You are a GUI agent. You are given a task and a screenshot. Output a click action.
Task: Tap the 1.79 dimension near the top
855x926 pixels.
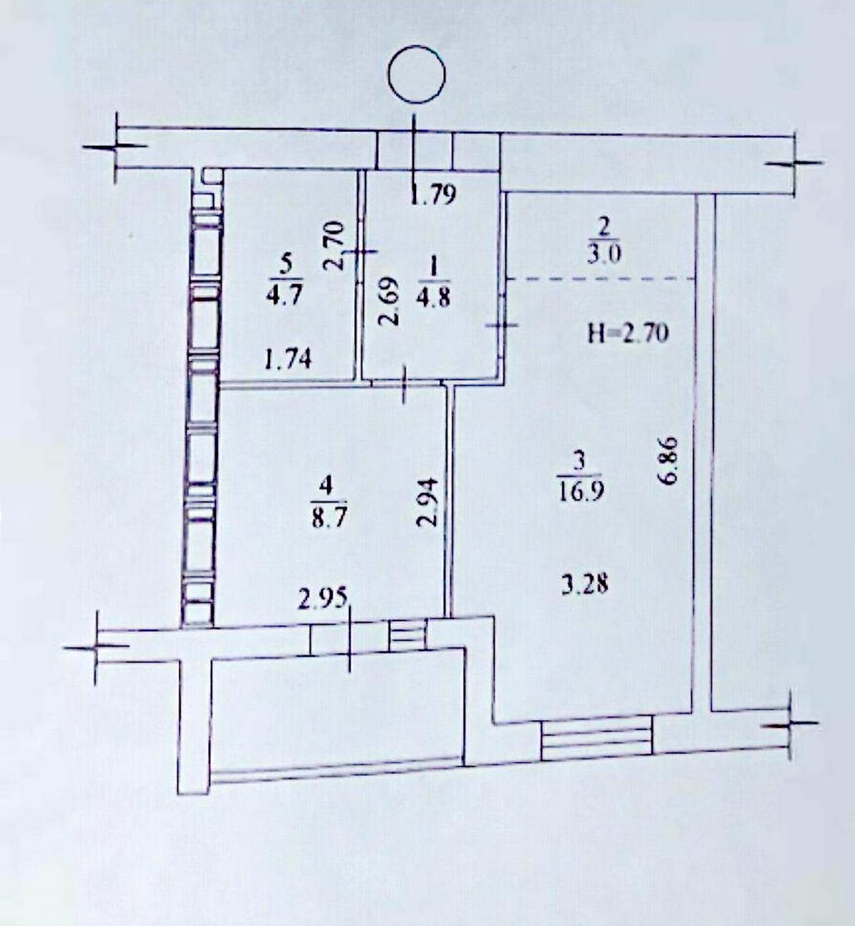(x=433, y=195)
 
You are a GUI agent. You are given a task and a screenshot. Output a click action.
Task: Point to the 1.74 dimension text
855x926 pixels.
(x=288, y=360)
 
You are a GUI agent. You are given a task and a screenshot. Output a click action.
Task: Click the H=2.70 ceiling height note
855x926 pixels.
(x=628, y=333)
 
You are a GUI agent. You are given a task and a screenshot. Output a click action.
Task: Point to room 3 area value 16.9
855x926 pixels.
(x=578, y=490)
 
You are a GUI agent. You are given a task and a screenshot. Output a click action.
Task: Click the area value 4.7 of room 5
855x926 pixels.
(x=285, y=294)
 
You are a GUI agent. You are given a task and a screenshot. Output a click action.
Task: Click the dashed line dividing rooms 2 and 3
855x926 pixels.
(x=601, y=279)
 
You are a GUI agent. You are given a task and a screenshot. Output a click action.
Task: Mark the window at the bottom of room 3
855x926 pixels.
(x=597, y=738)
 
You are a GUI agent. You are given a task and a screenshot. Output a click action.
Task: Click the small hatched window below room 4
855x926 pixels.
(x=408, y=634)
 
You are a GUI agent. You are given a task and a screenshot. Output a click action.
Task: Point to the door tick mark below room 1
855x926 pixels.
(x=404, y=384)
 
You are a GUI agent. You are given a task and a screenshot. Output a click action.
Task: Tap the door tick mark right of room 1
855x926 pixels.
(x=502, y=325)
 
